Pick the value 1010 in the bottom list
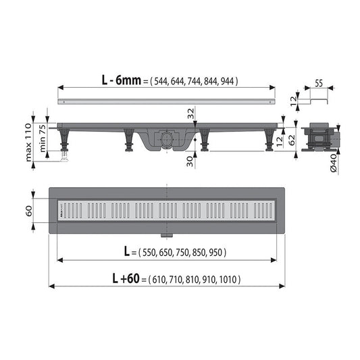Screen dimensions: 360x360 (228, 279)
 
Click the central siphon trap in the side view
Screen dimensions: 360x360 (165, 140)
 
